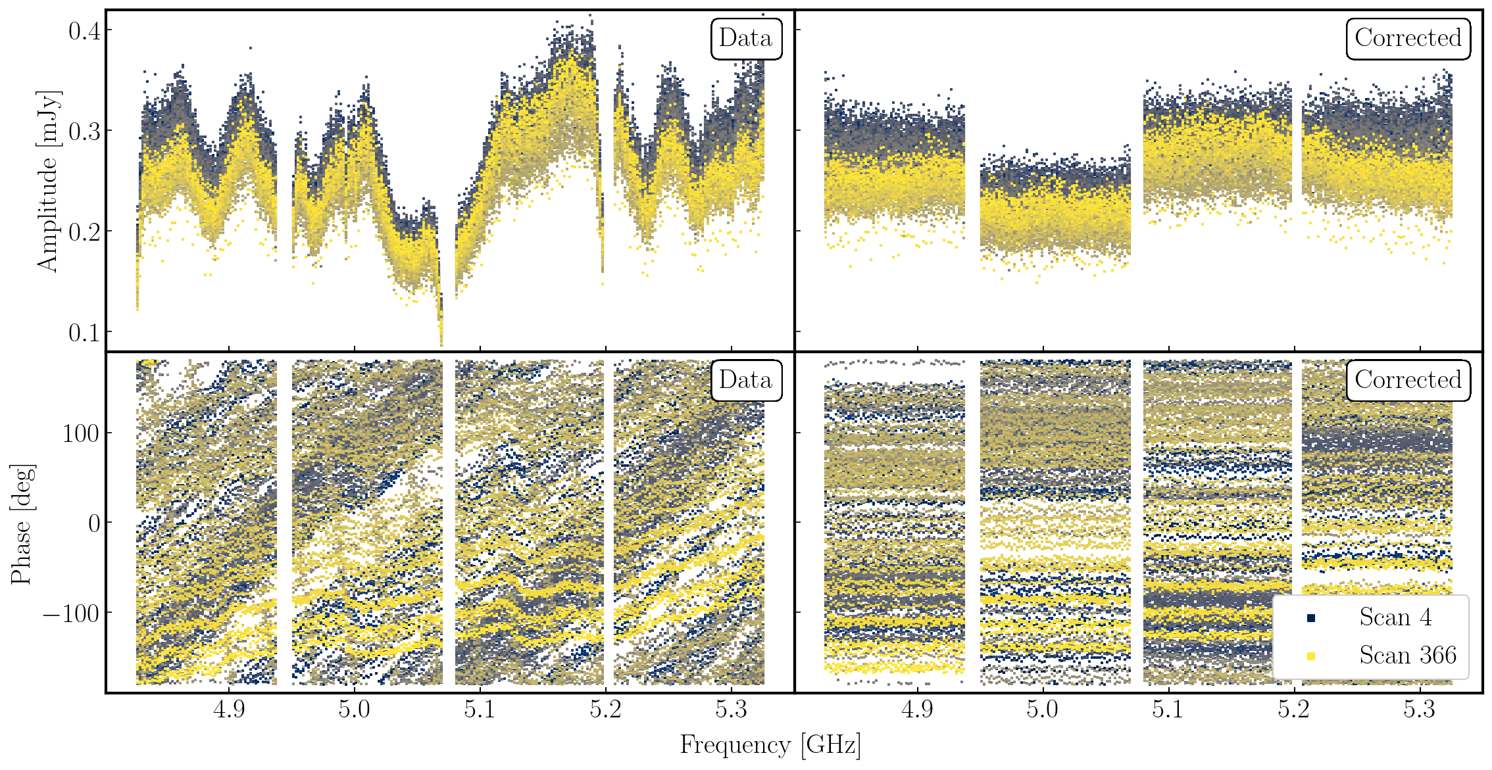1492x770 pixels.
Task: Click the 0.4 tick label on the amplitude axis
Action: tap(85, 30)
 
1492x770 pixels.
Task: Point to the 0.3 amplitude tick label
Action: tap(85, 131)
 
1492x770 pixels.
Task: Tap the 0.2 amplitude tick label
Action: tap(85, 231)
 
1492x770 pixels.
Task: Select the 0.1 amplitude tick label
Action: tap(85, 332)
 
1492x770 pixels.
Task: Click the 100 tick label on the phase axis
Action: tap(81, 434)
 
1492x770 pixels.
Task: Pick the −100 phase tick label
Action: tap(71, 614)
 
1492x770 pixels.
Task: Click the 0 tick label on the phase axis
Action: tap(94, 523)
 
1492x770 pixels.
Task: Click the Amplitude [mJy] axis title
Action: tap(48, 181)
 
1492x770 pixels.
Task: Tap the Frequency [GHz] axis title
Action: tap(770, 745)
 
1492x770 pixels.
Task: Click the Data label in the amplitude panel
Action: tap(745, 38)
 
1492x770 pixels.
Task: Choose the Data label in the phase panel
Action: tap(745, 380)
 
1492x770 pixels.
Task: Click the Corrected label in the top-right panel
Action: tap(1408, 38)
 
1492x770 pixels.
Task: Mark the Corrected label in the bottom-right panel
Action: tap(1408, 380)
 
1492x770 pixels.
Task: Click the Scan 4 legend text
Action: tap(1395, 617)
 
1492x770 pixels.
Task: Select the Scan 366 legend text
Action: tap(1408, 655)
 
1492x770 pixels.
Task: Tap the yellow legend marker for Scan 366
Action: tap(1311, 656)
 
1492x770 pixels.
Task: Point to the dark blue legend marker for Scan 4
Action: tap(1311, 618)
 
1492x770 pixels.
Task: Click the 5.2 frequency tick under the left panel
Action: tap(605, 710)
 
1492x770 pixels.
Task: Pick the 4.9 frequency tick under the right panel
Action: tap(917, 710)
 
